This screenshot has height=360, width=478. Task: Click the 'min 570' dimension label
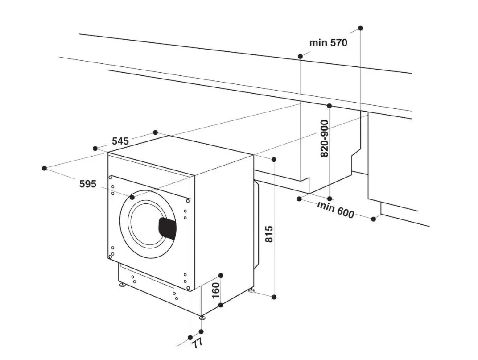(328, 43)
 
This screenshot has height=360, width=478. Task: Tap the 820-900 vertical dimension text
(325, 138)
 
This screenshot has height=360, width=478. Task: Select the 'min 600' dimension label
(336, 210)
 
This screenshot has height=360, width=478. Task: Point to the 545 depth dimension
(120, 141)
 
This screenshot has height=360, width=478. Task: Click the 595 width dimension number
(88, 184)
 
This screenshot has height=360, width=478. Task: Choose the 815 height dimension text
(268, 234)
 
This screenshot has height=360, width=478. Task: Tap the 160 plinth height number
(215, 290)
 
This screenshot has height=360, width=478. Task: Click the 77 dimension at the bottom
(198, 344)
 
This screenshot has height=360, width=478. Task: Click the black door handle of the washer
(167, 229)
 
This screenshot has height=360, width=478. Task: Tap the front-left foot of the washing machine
(123, 286)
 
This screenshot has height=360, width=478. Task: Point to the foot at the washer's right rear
(251, 290)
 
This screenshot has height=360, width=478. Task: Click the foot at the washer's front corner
(202, 318)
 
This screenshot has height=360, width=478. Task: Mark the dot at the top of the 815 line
(274, 159)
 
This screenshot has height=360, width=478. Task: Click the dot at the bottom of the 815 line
(274, 297)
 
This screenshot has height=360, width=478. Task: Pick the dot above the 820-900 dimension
(329, 106)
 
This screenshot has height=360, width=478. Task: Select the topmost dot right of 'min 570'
(361, 28)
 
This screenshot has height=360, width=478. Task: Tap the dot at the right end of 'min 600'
(374, 219)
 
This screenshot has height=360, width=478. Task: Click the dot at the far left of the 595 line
(45, 168)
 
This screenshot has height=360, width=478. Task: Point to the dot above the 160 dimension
(221, 276)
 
